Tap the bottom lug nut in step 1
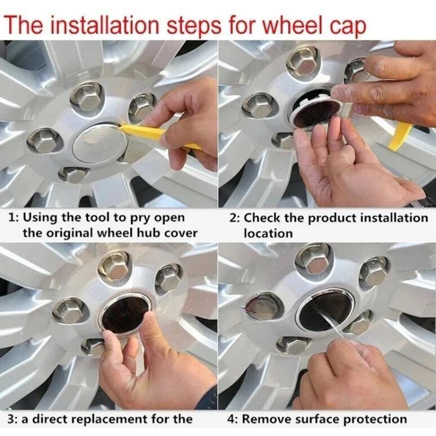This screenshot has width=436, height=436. coord(73,174)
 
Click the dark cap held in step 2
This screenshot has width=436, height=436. coord(314,111)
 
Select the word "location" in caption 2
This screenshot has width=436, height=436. coord(268,233)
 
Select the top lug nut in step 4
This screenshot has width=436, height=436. coord(313,262)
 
